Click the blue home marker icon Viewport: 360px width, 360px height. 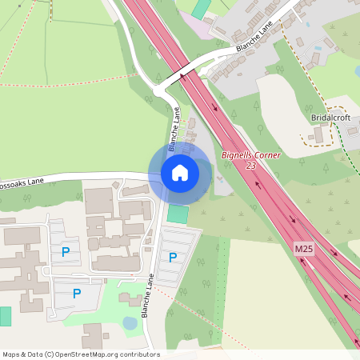[x=180, y=172]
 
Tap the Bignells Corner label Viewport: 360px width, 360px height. [x=250, y=154]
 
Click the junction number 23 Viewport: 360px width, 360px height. [x=251, y=166]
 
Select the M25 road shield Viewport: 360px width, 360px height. [x=303, y=250]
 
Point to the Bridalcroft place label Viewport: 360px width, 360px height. [x=331, y=118]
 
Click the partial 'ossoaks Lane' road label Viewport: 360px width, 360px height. [x=22, y=182]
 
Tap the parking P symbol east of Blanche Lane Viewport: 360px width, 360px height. [x=173, y=258]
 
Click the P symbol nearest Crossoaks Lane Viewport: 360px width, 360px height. [x=64, y=252]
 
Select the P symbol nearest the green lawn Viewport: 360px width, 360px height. [x=77, y=294]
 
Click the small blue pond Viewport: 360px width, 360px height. [x=130, y=322]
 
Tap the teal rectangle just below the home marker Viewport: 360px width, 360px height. [x=178, y=214]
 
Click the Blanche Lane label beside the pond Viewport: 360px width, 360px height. [x=147, y=295]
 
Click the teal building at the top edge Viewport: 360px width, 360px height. [x=202, y=8]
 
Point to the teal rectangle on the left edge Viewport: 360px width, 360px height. [x=5, y=315]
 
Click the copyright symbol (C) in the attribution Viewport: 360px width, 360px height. [x=50, y=354]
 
